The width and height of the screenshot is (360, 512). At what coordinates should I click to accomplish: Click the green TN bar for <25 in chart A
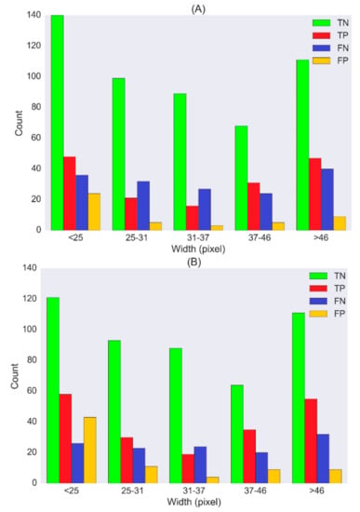coord(57,123)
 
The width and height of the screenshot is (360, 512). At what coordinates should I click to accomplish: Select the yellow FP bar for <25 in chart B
coord(89,450)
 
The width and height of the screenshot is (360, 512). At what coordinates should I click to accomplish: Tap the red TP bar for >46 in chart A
coord(315,195)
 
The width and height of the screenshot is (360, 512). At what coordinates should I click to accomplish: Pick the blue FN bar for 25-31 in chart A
coord(143,206)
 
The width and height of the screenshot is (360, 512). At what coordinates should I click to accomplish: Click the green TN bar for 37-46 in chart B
coord(237,434)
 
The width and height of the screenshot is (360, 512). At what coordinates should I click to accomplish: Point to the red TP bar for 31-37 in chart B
coord(188,468)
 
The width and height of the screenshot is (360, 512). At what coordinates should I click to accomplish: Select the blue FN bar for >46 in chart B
coord(323,458)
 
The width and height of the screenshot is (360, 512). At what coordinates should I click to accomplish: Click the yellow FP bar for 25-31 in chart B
coord(151,475)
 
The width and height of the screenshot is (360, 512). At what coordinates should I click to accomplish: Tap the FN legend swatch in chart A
coord(322,48)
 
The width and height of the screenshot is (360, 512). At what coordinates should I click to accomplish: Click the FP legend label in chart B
coord(340,314)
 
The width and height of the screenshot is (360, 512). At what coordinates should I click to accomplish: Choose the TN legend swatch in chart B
coord(318,276)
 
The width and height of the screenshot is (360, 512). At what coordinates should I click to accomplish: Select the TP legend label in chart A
coord(342,35)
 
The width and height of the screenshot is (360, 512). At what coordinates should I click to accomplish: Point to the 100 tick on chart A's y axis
coord(33,76)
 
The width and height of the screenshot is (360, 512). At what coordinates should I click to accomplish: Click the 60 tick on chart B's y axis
coord(32,391)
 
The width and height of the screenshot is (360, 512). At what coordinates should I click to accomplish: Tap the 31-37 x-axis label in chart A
coord(198,237)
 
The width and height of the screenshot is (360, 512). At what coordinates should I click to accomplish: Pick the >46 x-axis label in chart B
coord(316,491)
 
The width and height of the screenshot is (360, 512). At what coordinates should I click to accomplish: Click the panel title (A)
coord(198,9)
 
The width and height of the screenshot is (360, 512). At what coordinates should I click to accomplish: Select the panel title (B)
coord(193,263)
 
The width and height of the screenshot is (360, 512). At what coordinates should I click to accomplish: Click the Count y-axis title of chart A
coord(19,123)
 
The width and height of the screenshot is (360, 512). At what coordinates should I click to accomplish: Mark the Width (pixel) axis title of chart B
coord(193,502)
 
